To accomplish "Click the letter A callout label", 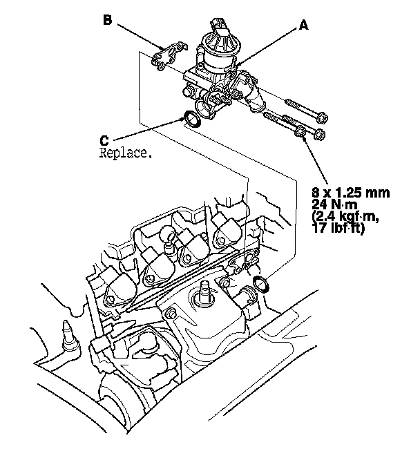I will [x=303, y=25].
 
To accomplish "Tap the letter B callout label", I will [x=108, y=21].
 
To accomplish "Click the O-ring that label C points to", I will [x=192, y=120].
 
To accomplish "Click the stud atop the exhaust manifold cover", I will [x=205, y=290].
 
